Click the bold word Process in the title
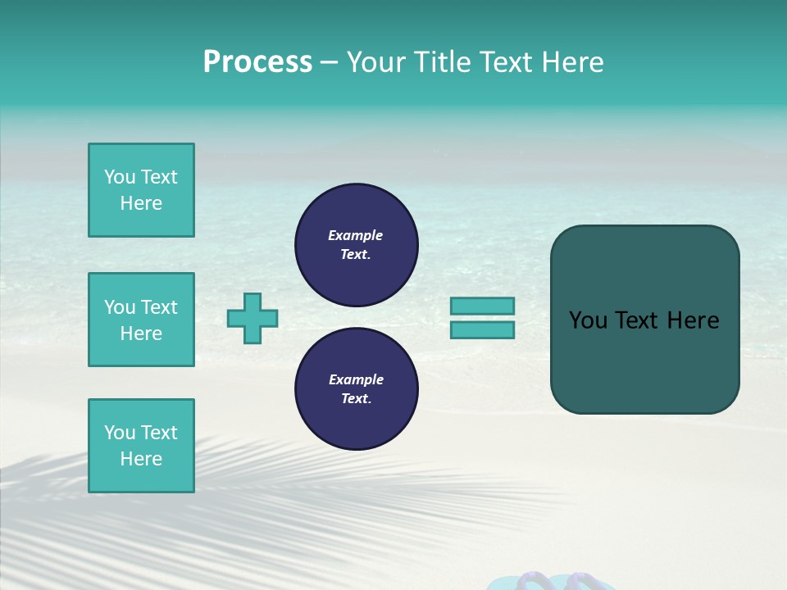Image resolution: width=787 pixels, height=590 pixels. (x=257, y=62)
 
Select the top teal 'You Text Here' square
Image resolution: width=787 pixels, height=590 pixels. (x=141, y=190)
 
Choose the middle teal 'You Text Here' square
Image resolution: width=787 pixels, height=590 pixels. (x=141, y=320)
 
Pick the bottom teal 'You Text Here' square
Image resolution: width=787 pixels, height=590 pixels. (x=141, y=446)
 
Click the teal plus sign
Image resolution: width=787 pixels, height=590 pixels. (x=252, y=318)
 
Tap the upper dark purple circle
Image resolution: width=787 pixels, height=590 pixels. (x=357, y=245)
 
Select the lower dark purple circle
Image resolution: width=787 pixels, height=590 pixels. (x=357, y=389)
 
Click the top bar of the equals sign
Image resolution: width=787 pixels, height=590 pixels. (x=482, y=306)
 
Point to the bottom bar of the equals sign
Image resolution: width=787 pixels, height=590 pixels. (x=482, y=329)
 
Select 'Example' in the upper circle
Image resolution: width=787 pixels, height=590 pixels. (x=356, y=235)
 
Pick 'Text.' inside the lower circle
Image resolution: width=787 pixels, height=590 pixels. (x=356, y=399)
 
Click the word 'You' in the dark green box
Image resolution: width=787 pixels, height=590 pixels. (x=588, y=320)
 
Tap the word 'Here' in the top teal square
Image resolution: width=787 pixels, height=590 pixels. (x=141, y=203)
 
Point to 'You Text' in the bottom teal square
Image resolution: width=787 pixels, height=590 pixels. (x=141, y=433)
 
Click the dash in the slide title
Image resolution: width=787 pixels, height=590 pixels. (x=330, y=63)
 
